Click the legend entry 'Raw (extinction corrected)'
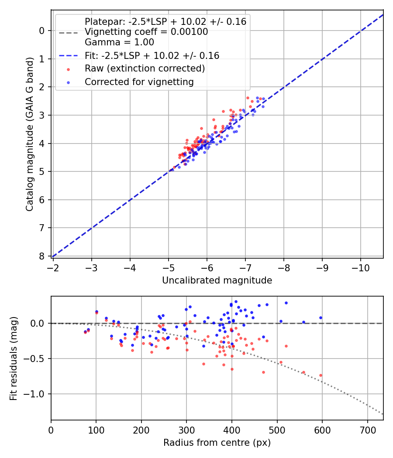click(x=145, y=68)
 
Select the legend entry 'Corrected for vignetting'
click(x=139, y=82)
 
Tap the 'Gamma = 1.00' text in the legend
click(x=119, y=42)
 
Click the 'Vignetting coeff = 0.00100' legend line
click(x=146, y=32)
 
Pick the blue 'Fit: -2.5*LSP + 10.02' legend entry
click(x=152, y=55)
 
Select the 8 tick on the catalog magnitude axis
click(x=42, y=256)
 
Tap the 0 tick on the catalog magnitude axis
click(x=42, y=31)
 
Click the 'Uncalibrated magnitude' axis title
click(x=217, y=280)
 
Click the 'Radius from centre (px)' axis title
click(x=217, y=443)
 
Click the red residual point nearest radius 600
click(x=321, y=375)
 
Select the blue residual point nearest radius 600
click(x=321, y=318)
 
